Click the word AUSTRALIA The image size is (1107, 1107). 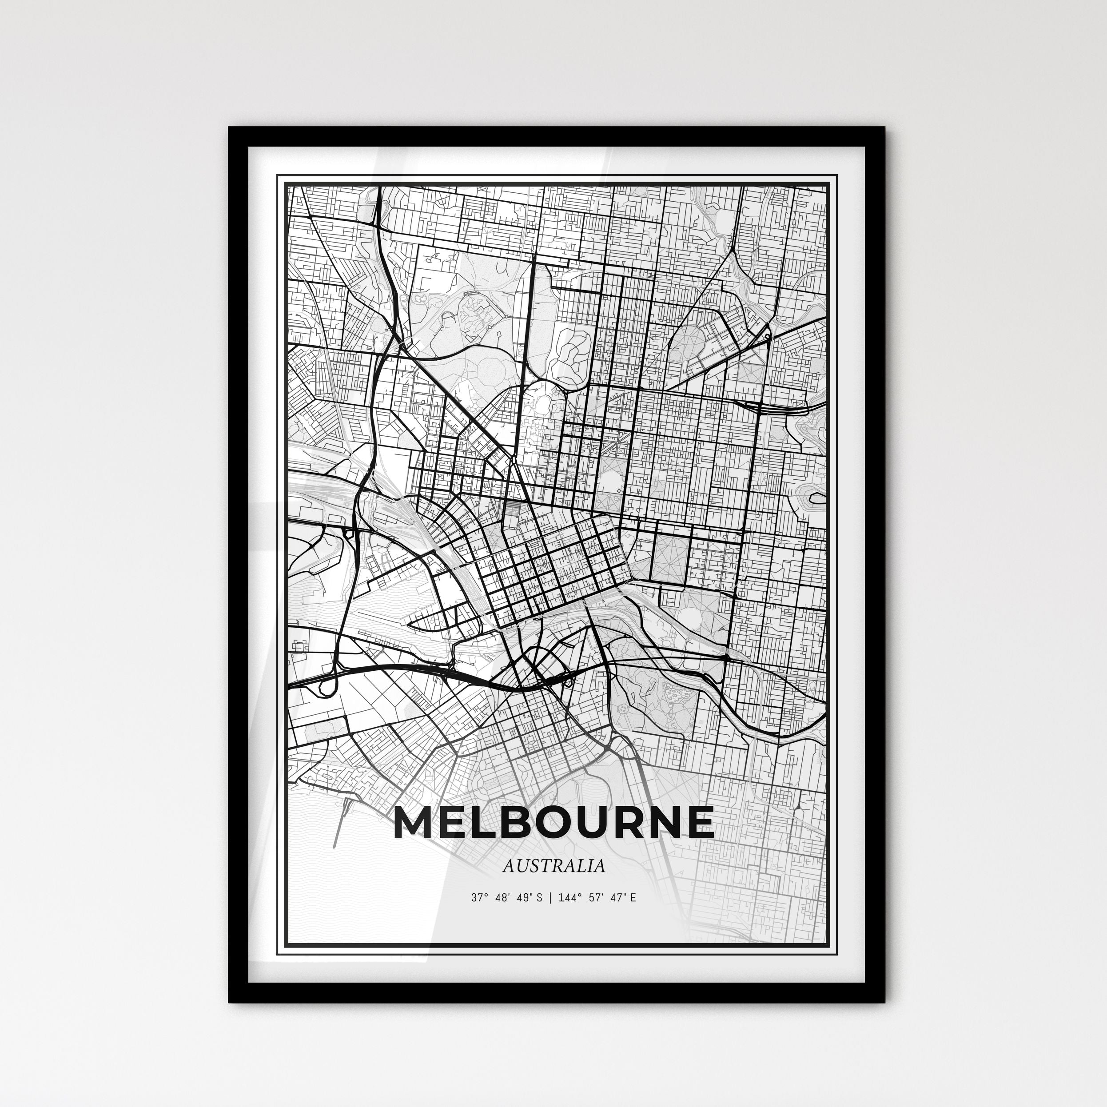(553, 866)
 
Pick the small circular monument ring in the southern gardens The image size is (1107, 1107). (623, 709)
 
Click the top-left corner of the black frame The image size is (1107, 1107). (230, 128)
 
